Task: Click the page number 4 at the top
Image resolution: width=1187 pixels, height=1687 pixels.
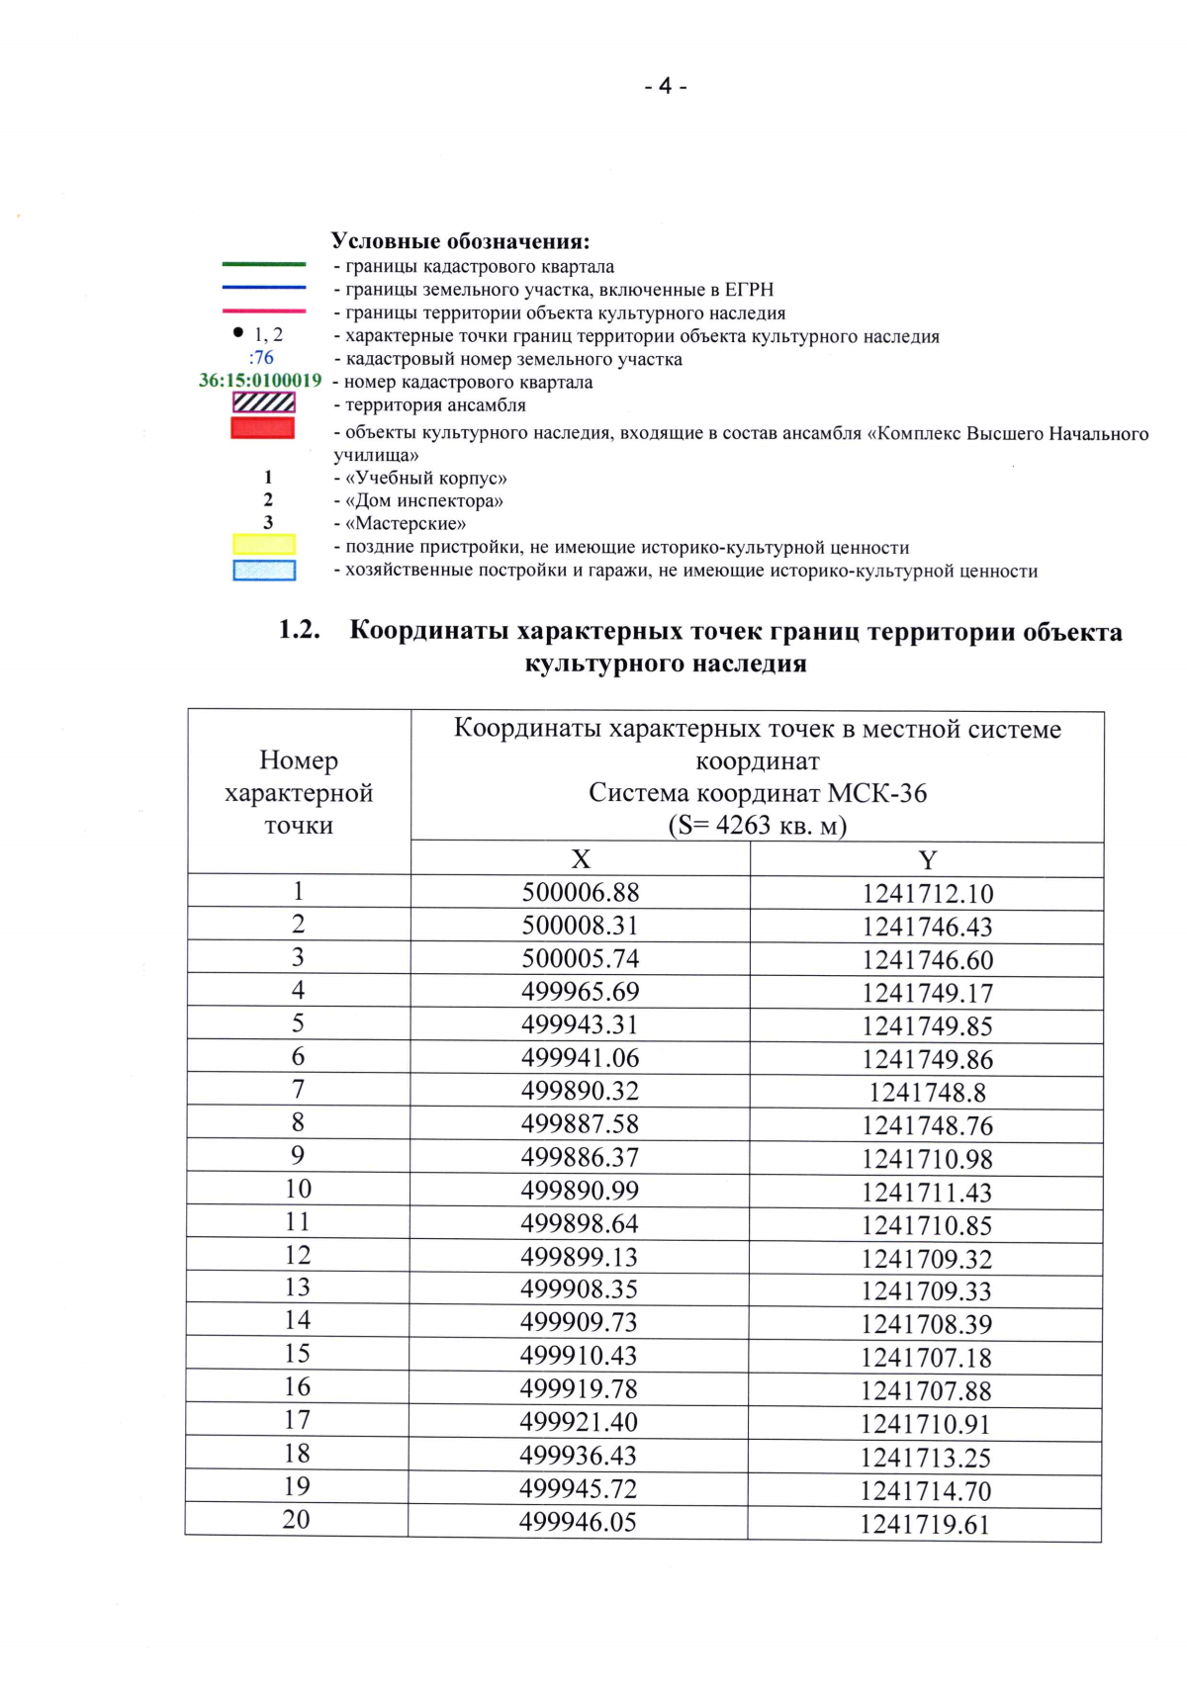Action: click(x=665, y=87)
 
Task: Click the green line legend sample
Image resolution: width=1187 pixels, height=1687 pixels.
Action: click(x=263, y=264)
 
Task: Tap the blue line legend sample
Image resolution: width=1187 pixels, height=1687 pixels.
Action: click(x=263, y=288)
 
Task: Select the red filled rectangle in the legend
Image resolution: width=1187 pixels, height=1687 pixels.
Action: click(x=263, y=427)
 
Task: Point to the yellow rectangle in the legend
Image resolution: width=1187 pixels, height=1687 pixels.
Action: click(x=263, y=544)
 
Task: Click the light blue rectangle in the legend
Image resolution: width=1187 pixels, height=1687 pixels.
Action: click(x=263, y=571)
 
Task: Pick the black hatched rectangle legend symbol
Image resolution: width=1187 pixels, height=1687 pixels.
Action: click(x=263, y=402)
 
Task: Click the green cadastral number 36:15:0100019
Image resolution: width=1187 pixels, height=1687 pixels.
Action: click(x=260, y=381)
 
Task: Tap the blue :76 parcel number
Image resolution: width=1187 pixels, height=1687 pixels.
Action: click(x=261, y=358)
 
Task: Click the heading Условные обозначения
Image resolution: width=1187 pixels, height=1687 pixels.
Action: click(x=460, y=241)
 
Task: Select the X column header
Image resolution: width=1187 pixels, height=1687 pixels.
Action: click(x=581, y=859)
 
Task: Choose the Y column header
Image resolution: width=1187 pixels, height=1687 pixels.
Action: click(x=927, y=860)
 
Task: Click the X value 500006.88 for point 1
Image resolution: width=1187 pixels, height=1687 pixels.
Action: click(x=581, y=892)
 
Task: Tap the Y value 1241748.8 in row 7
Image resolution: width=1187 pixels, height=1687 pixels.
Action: click(x=927, y=1093)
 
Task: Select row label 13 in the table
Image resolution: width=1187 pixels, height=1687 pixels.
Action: click(x=298, y=1287)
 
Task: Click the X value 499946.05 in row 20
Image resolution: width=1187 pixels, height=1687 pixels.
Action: click(x=578, y=1522)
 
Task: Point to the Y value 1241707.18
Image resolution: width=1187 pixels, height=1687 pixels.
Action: click(x=926, y=1358)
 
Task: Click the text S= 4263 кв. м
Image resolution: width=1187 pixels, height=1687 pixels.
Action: click(x=758, y=825)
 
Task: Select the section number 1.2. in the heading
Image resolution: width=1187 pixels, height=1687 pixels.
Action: click(x=299, y=630)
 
